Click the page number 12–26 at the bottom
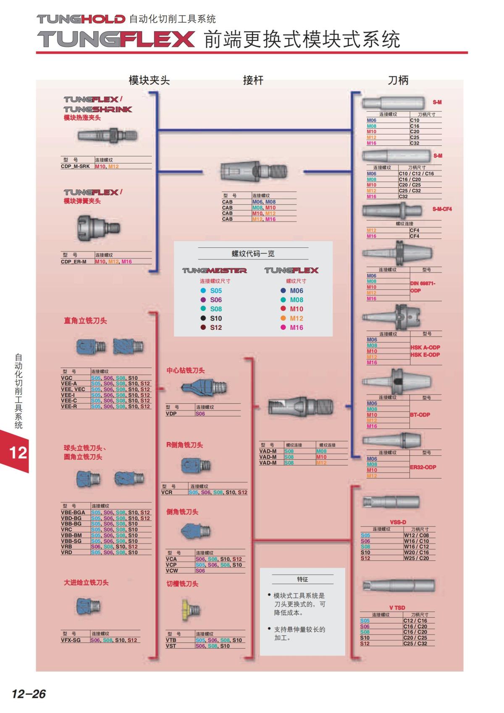(x=29, y=694)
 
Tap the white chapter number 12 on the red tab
(x=18, y=453)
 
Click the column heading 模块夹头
(x=149, y=80)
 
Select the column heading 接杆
(x=253, y=80)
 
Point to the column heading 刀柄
(x=398, y=80)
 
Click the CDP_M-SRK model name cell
(x=76, y=166)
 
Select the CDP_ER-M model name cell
(x=74, y=261)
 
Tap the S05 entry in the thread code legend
(x=216, y=291)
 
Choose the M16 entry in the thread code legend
(x=296, y=328)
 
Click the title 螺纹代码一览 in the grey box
(x=253, y=254)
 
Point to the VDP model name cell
(x=171, y=413)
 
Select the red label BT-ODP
(x=420, y=415)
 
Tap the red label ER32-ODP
(x=423, y=467)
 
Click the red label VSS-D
(x=398, y=522)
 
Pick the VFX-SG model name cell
(x=71, y=640)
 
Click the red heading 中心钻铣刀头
(x=186, y=371)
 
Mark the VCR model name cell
(x=167, y=492)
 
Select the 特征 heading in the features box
(x=302, y=579)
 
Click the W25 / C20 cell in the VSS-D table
(x=416, y=558)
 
